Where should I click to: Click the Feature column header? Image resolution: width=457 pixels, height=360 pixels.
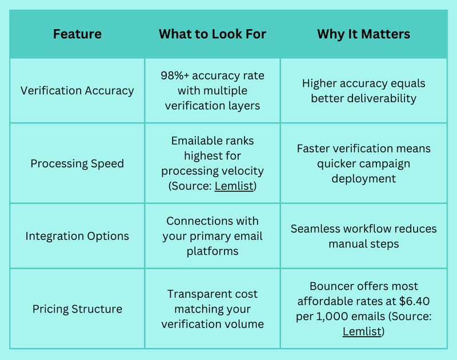[77, 34]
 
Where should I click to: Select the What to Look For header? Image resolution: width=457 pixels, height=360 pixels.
[213, 34]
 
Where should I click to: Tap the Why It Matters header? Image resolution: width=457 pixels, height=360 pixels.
[364, 34]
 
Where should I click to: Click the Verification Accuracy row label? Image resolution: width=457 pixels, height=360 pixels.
[77, 91]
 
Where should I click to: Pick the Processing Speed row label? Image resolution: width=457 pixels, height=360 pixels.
[77, 163]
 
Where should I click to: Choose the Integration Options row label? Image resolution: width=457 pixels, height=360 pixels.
[77, 236]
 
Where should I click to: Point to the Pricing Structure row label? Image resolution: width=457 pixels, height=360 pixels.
[77, 309]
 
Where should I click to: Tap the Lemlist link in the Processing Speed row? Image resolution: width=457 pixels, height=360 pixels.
[234, 186]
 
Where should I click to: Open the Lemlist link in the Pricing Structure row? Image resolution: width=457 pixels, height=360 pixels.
[362, 331]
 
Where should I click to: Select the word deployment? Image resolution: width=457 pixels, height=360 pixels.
[364, 179]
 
